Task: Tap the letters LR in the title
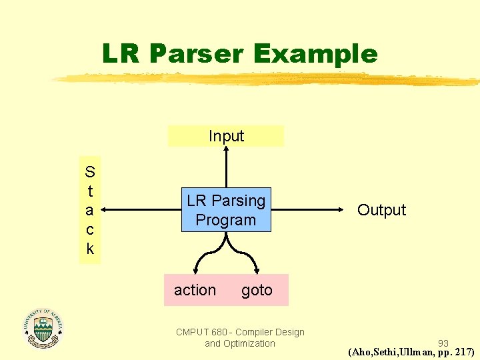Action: coord(121,53)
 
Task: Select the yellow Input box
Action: coord(226,136)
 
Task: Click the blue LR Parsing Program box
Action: coord(226,210)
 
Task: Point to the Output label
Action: coord(381,210)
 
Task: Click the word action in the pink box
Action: coord(195,290)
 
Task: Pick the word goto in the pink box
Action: coord(257,290)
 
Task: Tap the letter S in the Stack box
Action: coord(90,172)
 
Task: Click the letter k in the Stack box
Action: coord(90,249)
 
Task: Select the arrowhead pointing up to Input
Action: coord(227,150)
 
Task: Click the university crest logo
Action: coord(43,328)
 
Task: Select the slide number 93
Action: coord(443,343)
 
